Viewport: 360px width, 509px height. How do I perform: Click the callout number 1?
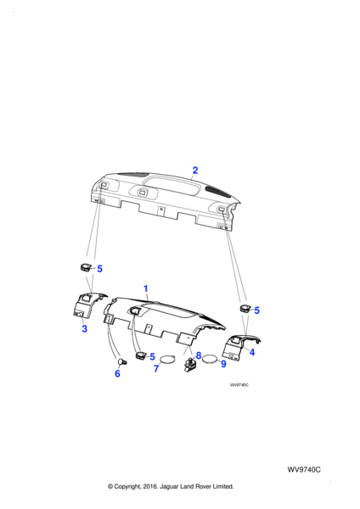(145, 288)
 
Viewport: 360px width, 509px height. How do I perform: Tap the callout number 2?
(195, 171)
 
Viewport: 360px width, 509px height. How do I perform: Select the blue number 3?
(84, 328)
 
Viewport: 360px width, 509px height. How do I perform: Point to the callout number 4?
(252, 352)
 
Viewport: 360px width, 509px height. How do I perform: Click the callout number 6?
(117, 373)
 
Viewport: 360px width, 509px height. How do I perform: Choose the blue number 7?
(156, 369)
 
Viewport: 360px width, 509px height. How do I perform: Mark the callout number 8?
(199, 355)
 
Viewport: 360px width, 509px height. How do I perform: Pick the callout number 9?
(223, 364)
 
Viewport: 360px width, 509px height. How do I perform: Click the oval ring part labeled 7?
(167, 355)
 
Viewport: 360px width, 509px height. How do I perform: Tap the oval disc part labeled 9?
(210, 359)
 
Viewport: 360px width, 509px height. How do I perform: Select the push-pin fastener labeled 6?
(122, 361)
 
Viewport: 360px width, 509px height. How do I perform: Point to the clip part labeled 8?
(189, 364)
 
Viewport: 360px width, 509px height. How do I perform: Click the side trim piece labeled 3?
(86, 304)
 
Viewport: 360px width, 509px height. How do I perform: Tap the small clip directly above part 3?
(85, 267)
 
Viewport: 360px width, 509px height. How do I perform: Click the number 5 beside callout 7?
(152, 357)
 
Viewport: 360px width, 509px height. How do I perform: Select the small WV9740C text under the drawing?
(239, 385)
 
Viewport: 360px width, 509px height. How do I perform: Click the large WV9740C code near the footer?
(304, 470)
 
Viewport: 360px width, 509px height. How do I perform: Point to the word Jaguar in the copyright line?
(170, 487)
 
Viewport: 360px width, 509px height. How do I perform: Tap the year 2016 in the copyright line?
(149, 487)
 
